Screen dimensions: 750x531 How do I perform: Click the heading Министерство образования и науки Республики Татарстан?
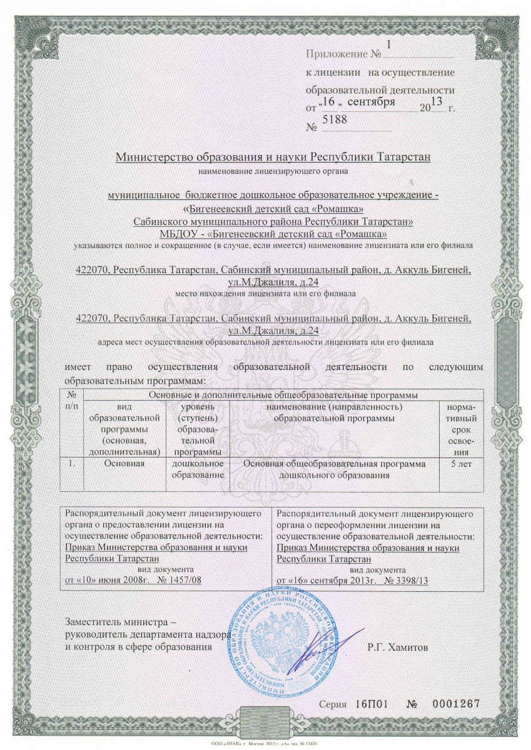pyautogui.click(x=273, y=156)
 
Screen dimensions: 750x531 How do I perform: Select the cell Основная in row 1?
pyautogui.click(x=125, y=464)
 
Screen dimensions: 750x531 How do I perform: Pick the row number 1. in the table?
pyautogui.click(x=73, y=464)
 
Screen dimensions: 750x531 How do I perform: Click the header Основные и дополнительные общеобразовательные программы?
pyautogui.click(x=281, y=395)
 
